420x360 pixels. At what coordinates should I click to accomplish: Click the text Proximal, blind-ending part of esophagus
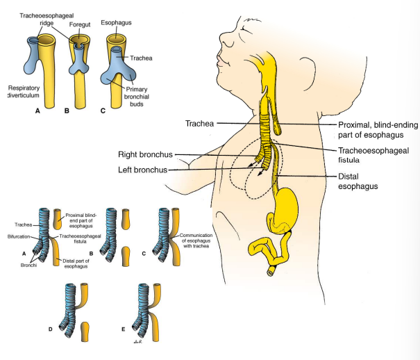pos(372,129)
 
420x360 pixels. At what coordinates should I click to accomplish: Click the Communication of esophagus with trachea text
pos(199,245)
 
